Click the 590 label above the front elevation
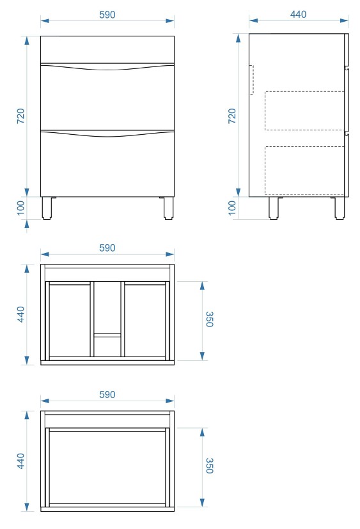point(107,15)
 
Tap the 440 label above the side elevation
point(298,14)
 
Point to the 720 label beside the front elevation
point(20,116)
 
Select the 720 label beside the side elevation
point(232,116)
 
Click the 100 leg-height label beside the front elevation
point(20,208)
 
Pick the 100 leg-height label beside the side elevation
point(232,208)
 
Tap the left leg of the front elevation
point(47,208)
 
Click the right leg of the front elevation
point(168,208)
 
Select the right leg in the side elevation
point(340,208)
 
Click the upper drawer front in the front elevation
point(107,97)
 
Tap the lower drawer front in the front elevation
point(107,164)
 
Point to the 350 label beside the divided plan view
point(209,319)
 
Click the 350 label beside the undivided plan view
point(209,466)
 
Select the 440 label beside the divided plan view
point(20,314)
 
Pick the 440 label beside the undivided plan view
point(20,461)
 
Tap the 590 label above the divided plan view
point(107,248)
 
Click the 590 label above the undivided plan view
point(107,394)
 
